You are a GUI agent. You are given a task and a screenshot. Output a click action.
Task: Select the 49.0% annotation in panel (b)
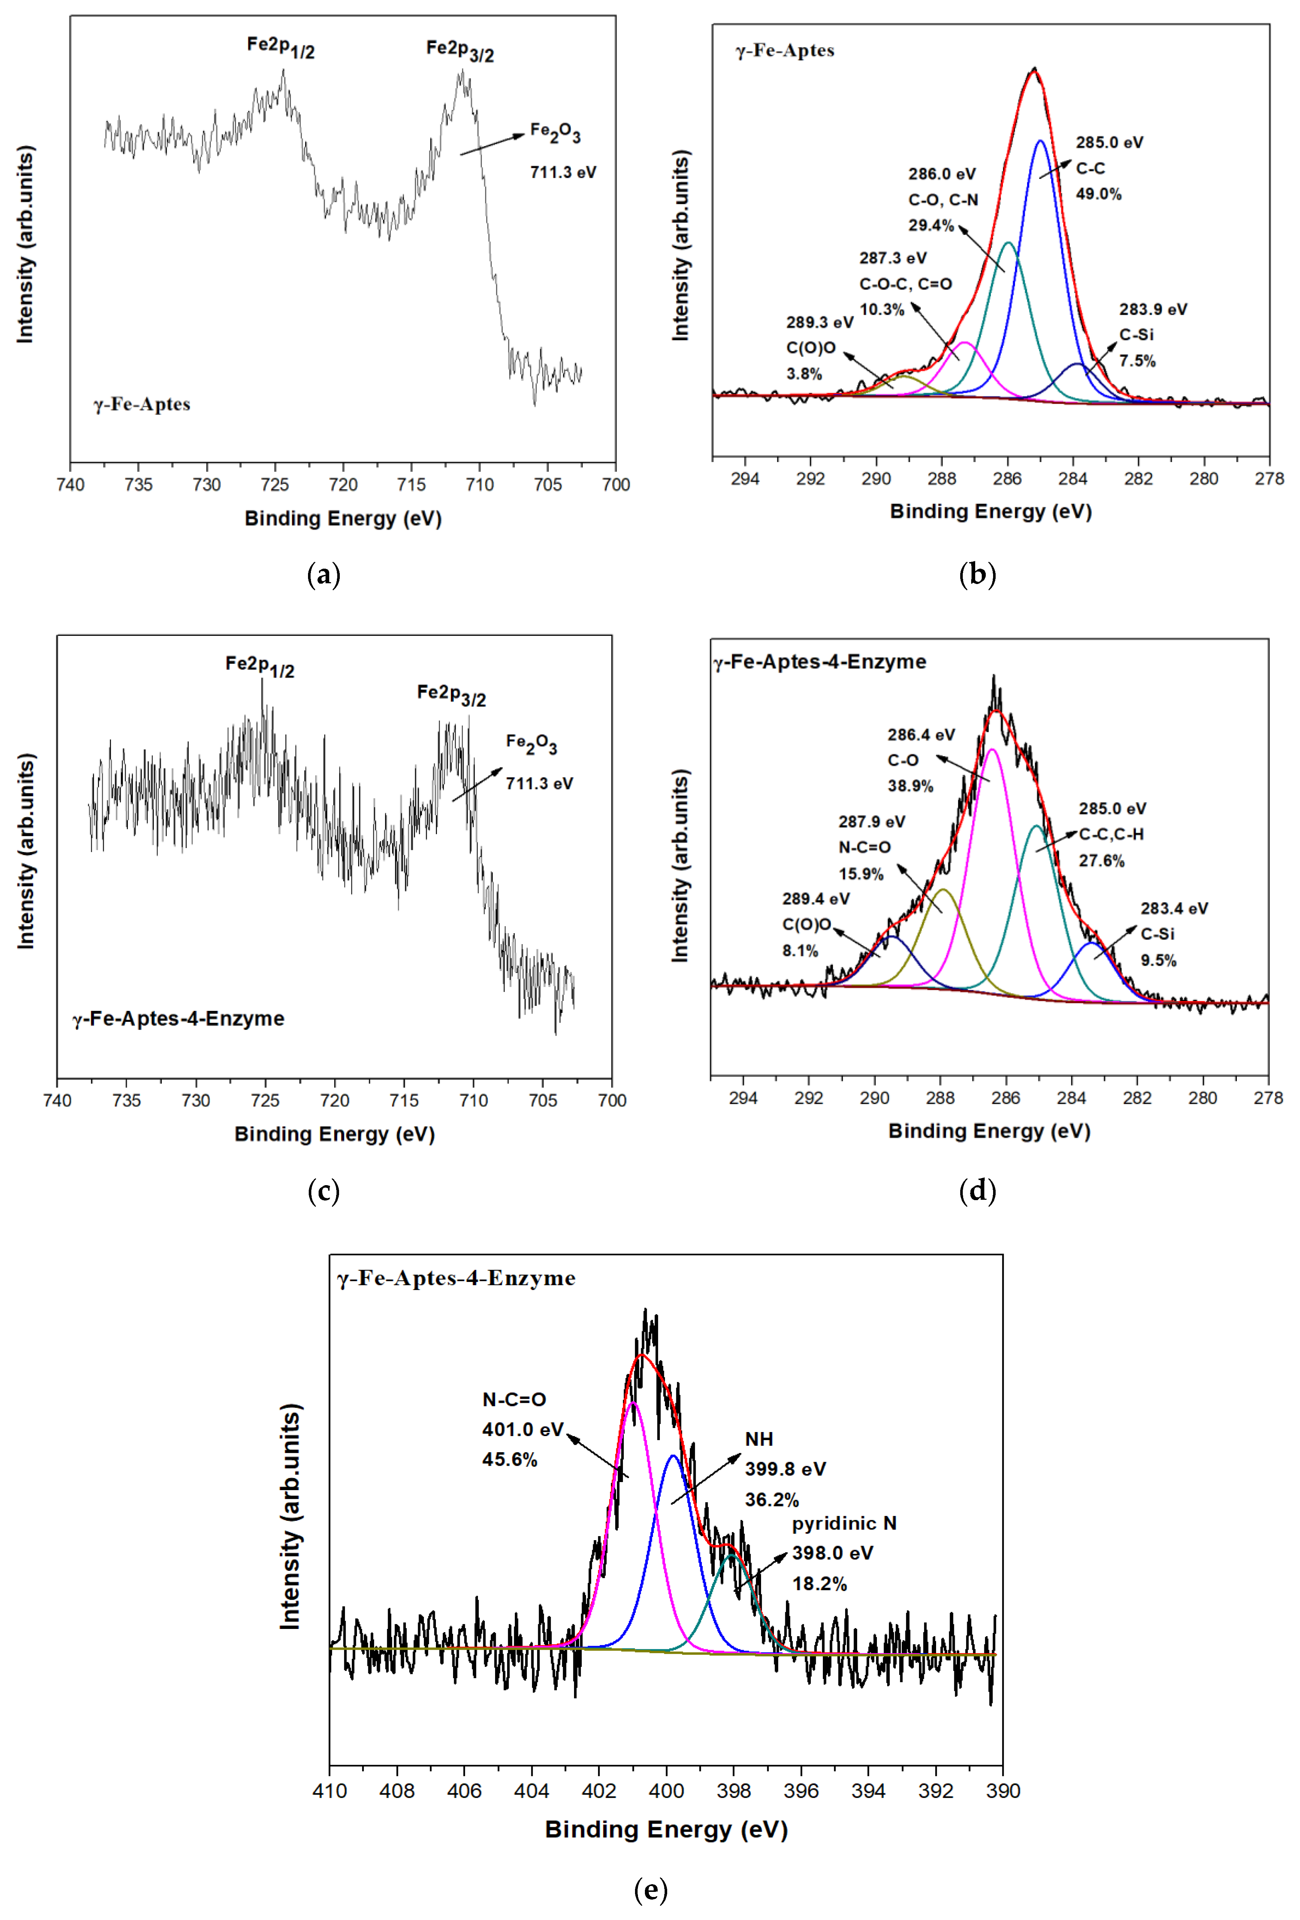[x=1098, y=194]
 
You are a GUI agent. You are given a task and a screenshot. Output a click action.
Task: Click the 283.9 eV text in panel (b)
[x=1153, y=309]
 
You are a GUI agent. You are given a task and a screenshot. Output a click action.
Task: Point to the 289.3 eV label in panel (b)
[x=819, y=322]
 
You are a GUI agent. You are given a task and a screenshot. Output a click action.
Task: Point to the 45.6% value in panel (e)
[x=509, y=1460]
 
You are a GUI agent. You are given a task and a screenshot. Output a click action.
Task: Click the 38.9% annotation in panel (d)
[x=910, y=786]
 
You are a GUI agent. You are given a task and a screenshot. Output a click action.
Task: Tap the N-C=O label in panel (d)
[x=864, y=847]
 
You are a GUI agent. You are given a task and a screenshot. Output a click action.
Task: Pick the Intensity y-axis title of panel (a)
[x=26, y=245]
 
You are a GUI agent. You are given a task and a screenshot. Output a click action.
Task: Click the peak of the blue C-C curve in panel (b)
[x=1039, y=141]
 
